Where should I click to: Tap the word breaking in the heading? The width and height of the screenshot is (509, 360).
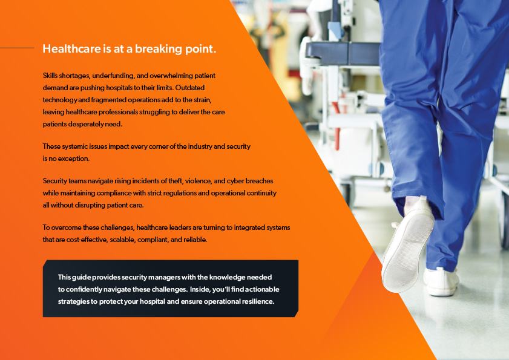(156, 50)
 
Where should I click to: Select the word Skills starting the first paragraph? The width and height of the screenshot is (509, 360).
(51, 76)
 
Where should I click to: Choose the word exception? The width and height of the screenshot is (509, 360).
(74, 159)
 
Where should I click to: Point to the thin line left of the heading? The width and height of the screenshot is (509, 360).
(17, 48)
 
